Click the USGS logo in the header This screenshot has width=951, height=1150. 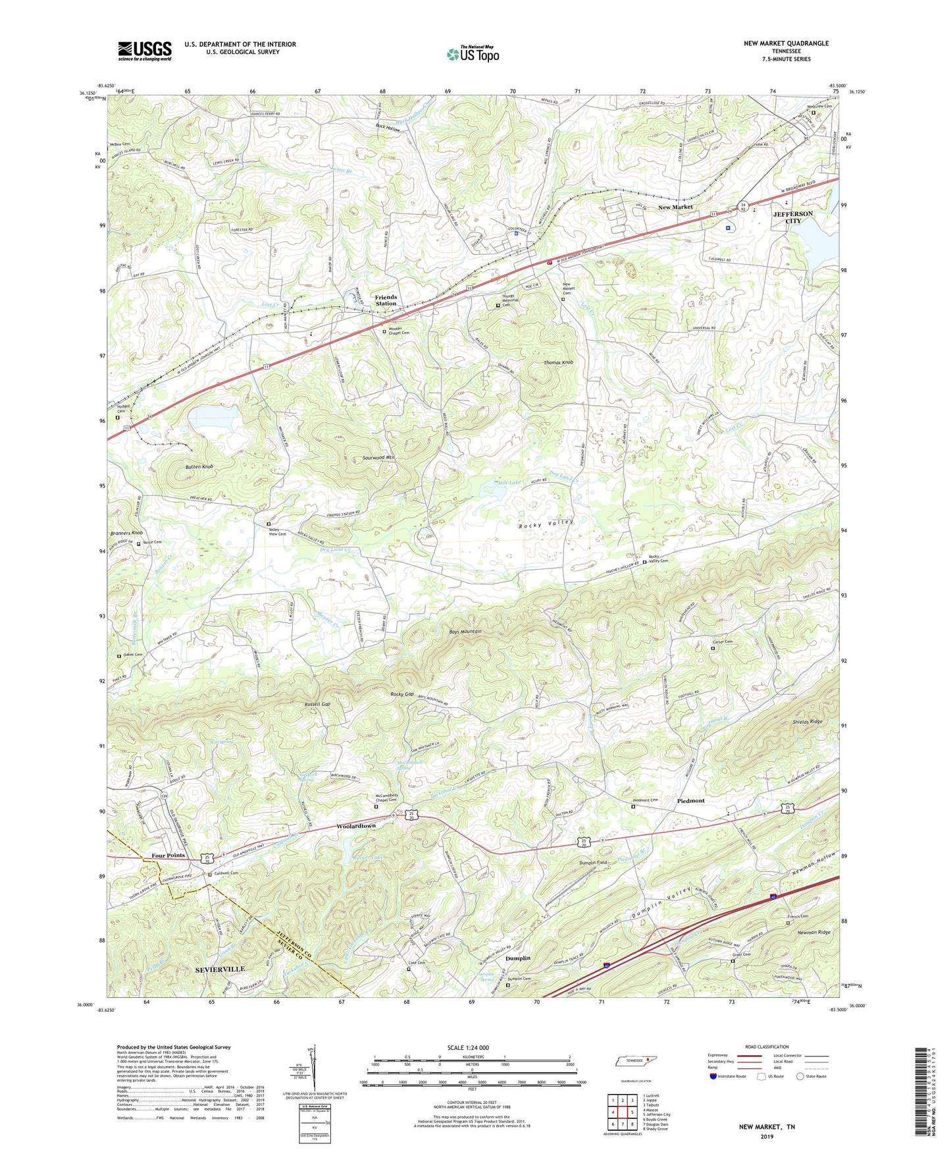[x=145, y=51]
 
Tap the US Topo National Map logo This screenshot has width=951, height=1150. [x=472, y=54]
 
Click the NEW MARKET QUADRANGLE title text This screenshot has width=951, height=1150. [x=786, y=43]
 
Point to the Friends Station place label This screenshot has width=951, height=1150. [x=386, y=300]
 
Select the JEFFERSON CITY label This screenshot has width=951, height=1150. [x=792, y=217]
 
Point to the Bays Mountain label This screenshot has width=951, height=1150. [x=465, y=632]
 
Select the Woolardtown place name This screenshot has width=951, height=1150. [x=355, y=826]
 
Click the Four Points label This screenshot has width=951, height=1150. [x=168, y=856]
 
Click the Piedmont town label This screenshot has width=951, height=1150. [x=690, y=801]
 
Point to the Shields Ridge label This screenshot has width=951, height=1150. [x=807, y=722]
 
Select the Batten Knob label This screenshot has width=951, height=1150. [x=195, y=466]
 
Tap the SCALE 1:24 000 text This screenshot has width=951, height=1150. [x=467, y=1048]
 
